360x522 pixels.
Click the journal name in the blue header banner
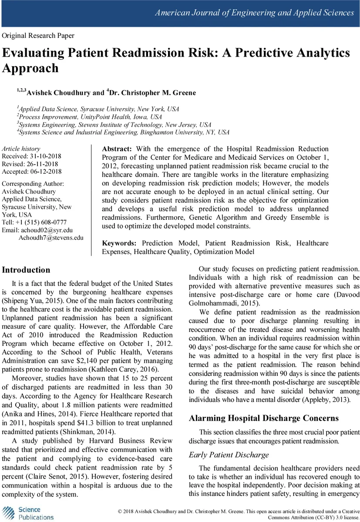255,13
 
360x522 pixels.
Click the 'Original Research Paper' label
38,36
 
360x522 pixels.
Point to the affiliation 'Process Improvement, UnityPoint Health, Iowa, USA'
91,117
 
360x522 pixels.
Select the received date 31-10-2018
45,156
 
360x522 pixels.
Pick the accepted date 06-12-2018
46,171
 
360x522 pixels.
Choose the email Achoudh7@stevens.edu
51,238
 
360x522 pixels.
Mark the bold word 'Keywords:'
119,243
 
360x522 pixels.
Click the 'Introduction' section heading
26,270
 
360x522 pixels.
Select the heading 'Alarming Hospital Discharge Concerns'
263,418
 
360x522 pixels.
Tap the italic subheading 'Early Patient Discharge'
229,455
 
